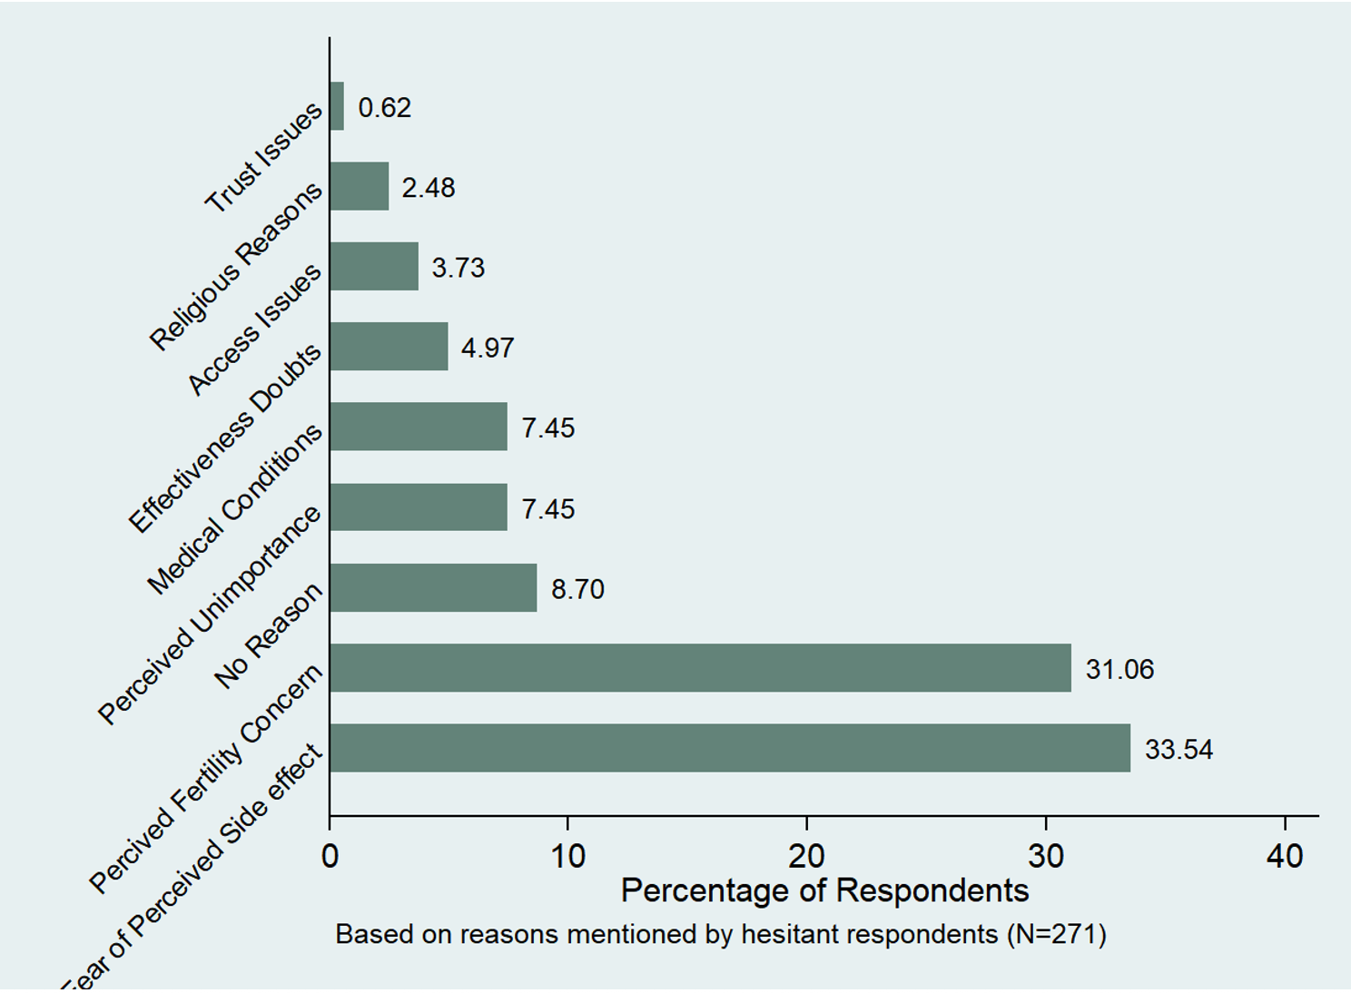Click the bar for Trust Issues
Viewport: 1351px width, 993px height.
click(x=337, y=106)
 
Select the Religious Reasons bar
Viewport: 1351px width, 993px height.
click(x=360, y=186)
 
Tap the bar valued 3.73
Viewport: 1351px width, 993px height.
click(x=374, y=266)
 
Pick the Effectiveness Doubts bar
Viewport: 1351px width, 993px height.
click(x=389, y=346)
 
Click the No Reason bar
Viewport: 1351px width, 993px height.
click(x=433, y=587)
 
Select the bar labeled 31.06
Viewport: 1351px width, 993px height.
click(x=700, y=667)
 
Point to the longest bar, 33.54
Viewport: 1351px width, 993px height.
click(x=730, y=748)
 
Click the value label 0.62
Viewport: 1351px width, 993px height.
click(x=385, y=107)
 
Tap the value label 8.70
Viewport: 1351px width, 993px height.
click(x=577, y=589)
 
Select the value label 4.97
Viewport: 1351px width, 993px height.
click(x=488, y=348)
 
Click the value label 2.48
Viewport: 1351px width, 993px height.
click(x=429, y=188)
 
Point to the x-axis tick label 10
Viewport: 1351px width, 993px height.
click(x=568, y=856)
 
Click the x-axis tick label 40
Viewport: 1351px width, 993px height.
click(x=1285, y=856)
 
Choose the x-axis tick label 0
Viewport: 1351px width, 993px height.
click(x=330, y=856)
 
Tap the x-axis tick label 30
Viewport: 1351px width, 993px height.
click(x=1046, y=856)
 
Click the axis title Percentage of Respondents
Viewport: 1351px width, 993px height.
click(x=824, y=890)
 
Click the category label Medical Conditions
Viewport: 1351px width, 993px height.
click(x=234, y=509)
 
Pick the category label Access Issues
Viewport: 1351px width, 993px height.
click(x=254, y=330)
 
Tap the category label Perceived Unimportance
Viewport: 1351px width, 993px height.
click(x=210, y=614)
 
